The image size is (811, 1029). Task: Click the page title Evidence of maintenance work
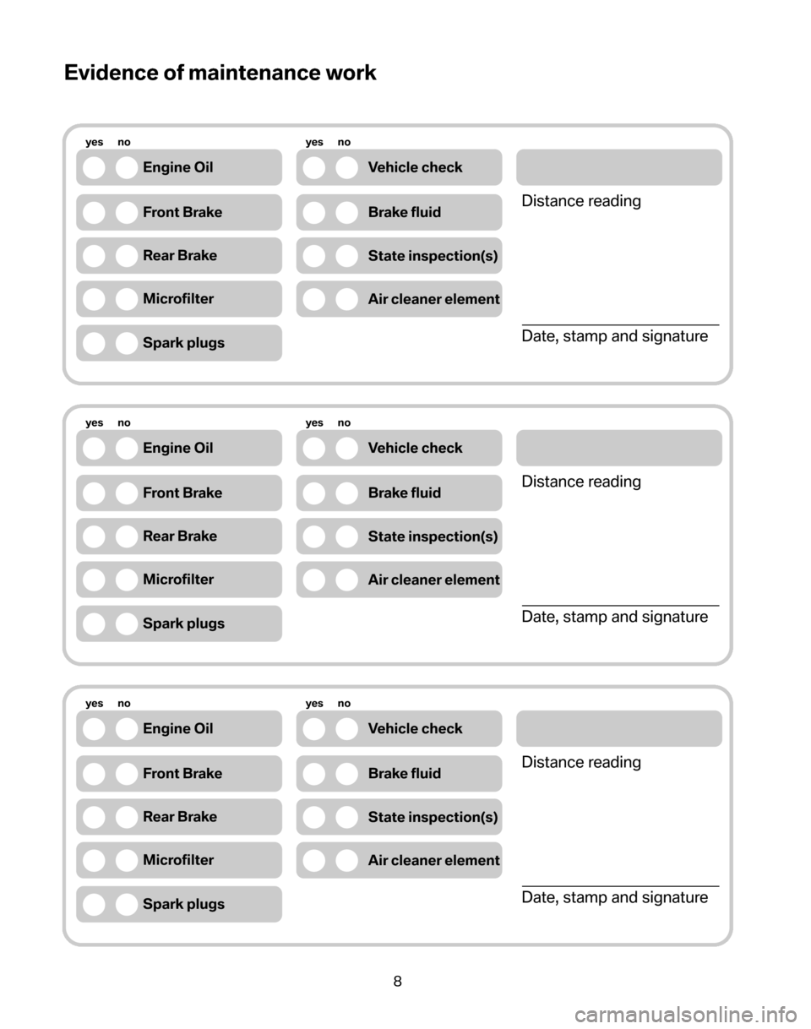point(220,73)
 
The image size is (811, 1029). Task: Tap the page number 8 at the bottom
point(397,981)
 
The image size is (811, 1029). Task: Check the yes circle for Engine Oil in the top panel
point(95,167)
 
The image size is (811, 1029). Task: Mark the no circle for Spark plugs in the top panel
point(126,343)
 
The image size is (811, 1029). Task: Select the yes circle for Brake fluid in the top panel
point(314,212)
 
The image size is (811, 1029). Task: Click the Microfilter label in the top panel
point(178,299)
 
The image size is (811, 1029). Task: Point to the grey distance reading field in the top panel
point(618,167)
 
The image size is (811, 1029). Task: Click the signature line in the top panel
point(620,324)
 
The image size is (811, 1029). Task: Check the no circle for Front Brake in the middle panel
point(126,493)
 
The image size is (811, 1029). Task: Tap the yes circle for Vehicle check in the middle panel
point(314,448)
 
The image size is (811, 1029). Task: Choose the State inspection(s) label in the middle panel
point(433,536)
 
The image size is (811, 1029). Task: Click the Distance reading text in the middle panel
point(581,482)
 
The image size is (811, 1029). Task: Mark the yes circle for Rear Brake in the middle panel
point(95,536)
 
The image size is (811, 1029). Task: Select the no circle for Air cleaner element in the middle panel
point(346,580)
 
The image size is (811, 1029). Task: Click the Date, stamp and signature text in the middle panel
point(615,618)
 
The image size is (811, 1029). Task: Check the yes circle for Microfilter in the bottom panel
point(95,860)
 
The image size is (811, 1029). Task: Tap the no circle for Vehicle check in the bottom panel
point(346,728)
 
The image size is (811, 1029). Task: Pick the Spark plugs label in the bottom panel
point(184,904)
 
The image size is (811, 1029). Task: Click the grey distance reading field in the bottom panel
point(618,728)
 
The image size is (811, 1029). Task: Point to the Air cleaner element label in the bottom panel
point(434,860)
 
